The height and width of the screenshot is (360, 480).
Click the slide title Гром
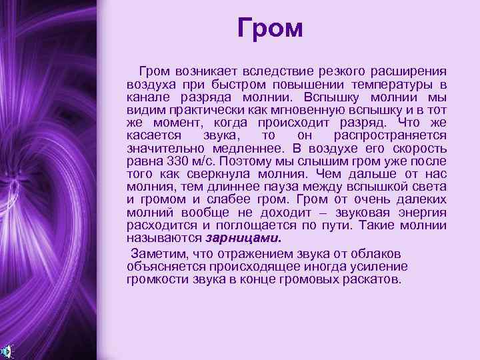pos(270,29)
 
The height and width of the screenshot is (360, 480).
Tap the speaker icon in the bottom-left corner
pos(6,351)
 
